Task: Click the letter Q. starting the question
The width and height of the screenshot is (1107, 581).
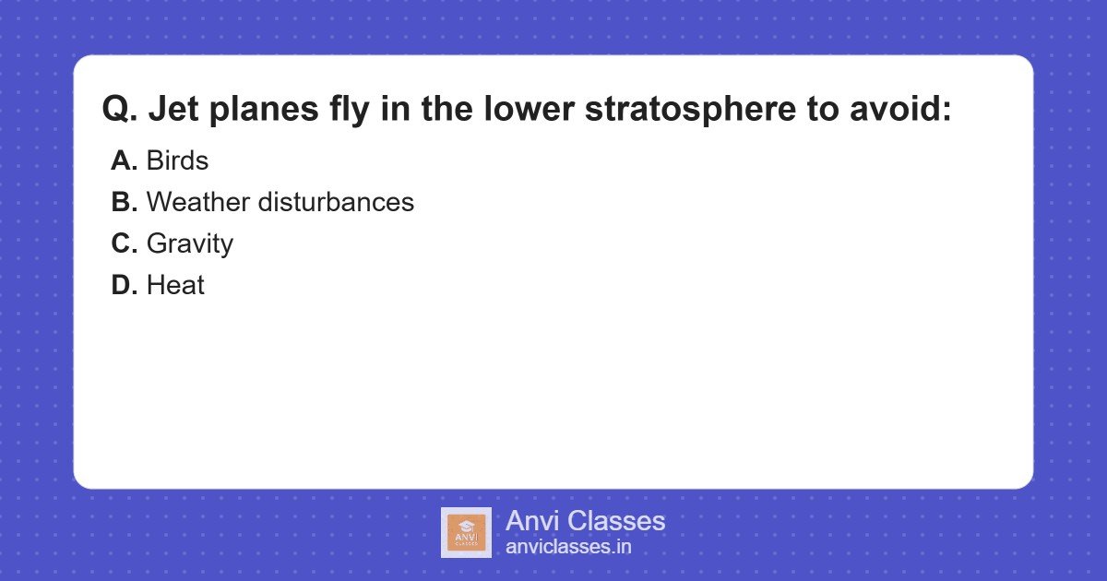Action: coord(119,110)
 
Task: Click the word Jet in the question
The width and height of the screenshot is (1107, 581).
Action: coord(173,110)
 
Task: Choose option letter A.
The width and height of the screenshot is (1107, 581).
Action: coord(124,160)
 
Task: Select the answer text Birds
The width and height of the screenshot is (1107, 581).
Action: coord(177,160)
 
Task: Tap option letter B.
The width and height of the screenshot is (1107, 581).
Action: coord(124,202)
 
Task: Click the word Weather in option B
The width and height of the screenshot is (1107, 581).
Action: coord(197,202)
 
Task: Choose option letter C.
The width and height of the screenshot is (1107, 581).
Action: coord(124,243)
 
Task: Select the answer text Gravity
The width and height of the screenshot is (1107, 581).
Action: coord(190,243)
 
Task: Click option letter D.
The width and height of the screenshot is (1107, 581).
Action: coord(124,285)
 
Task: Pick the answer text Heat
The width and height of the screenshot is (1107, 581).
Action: coord(175,285)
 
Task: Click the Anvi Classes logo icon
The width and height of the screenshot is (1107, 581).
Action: coord(466,532)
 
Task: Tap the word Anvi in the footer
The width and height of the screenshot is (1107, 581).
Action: coord(532,521)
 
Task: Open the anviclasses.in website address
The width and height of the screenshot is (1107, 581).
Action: coord(568,547)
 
